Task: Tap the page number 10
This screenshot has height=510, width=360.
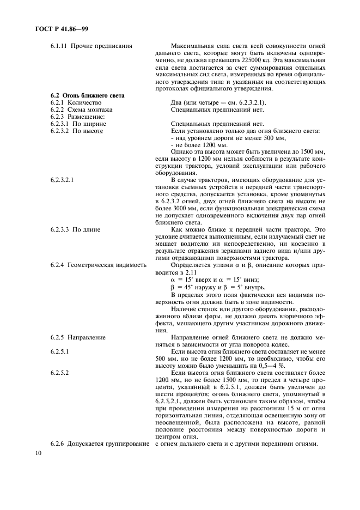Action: click(x=38, y=453)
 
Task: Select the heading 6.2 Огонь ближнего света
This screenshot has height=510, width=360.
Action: click(x=87, y=95)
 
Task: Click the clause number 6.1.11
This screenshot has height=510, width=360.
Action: click(x=58, y=46)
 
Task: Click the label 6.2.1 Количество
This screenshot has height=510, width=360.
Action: click(x=76, y=102)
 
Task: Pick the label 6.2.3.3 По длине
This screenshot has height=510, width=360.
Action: click(x=75, y=230)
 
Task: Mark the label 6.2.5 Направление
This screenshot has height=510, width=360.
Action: click(x=78, y=337)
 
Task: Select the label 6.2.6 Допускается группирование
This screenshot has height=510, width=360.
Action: click(x=100, y=444)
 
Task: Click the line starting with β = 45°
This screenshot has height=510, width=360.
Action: click(x=218, y=287)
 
